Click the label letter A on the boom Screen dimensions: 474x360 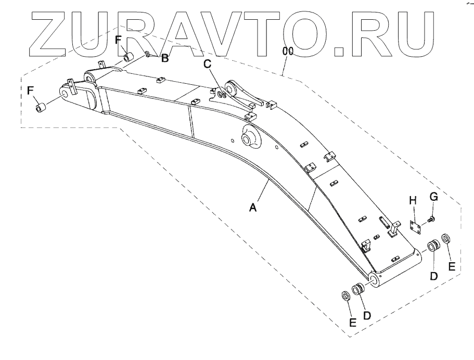[253, 208]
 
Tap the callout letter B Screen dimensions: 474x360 [164, 58]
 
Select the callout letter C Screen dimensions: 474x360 [208, 64]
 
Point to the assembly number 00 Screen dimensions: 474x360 [287, 51]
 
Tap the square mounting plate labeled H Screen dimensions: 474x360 [415, 228]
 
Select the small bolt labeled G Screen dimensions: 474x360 [430, 221]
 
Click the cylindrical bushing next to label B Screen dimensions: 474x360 [129, 56]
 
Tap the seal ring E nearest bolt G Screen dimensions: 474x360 [446, 241]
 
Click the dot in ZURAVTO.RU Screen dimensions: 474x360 [339, 49]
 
